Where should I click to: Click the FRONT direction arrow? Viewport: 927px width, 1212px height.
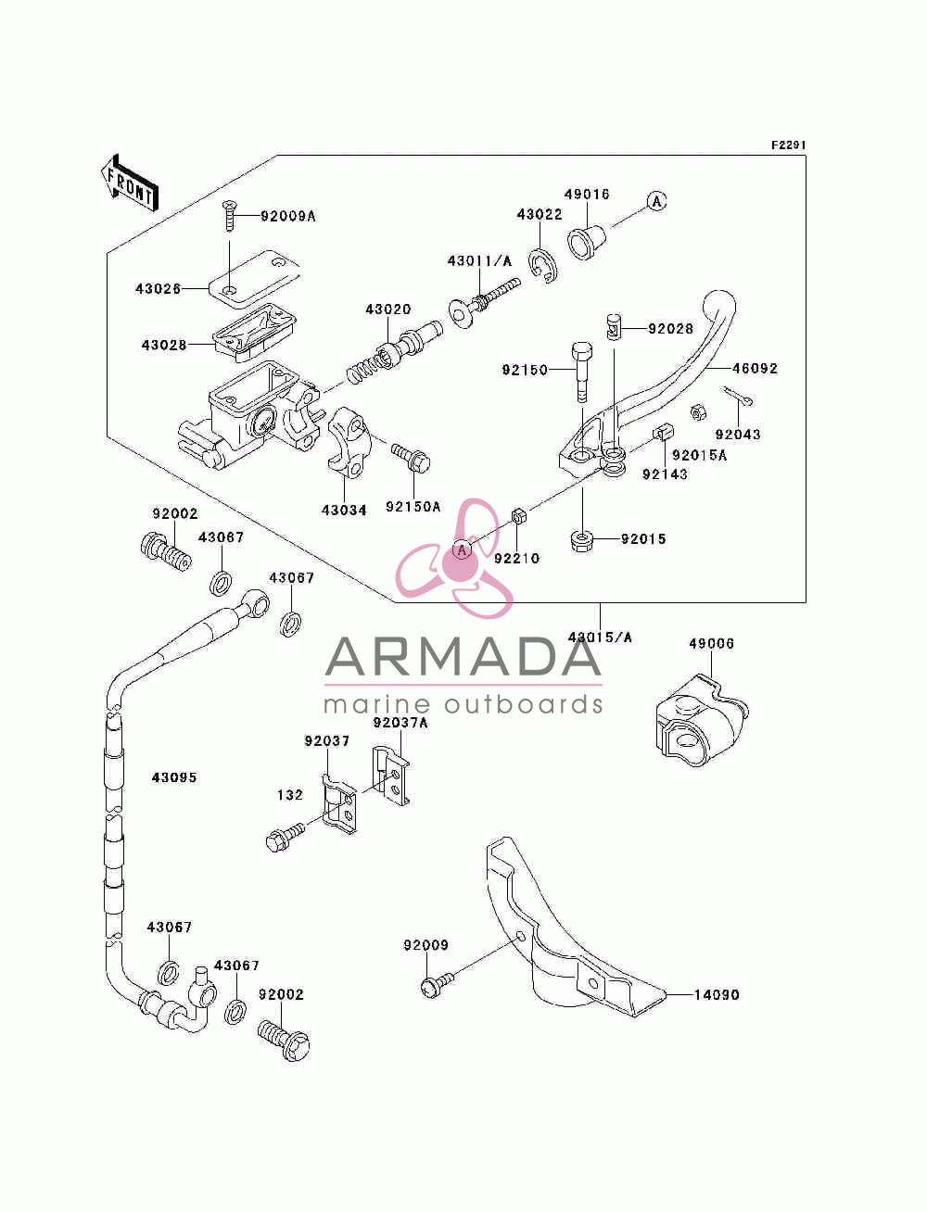tap(129, 183)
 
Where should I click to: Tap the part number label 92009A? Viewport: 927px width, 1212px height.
tap(287, 217)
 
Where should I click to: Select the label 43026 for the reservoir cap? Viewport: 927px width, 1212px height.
tap(158, 289)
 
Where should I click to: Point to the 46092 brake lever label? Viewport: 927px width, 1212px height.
tap(755, 368)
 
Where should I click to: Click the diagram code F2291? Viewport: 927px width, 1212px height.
tap(788, 145)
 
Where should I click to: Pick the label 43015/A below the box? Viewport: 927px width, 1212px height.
tap(600, 638)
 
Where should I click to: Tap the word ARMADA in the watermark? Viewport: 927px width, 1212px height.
tap(463, 657)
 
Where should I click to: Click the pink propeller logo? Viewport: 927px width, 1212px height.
tap(454, 558)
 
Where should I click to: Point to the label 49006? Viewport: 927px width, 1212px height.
tap(712, 643)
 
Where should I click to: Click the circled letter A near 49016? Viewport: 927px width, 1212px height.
tap(656, 202)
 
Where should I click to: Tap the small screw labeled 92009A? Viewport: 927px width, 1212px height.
tap(229, 216)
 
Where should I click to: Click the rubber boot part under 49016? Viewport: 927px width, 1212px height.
tap(586, 241)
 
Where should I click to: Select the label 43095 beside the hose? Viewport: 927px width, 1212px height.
tap(174, 777)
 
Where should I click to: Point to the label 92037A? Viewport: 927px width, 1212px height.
tap(400, 723)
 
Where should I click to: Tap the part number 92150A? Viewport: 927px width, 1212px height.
tap(413, 506)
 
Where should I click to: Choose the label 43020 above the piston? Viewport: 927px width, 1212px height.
tap(388, 309)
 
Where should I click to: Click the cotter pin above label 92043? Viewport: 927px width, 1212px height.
tap(738, 396)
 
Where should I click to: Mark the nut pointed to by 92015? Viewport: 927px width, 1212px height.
tap(582, 541)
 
